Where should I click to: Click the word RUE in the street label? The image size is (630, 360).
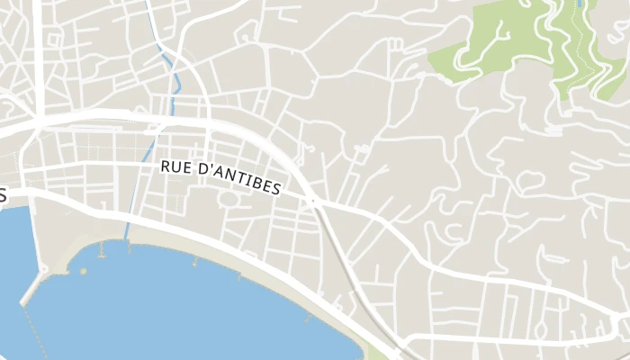pyautogui.click(x=177, y=167)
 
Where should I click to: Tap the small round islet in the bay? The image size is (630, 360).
pyautogui.click(x=84, y=269)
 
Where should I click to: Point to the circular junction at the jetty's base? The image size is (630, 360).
pyautogui.click(x=41, y=268)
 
